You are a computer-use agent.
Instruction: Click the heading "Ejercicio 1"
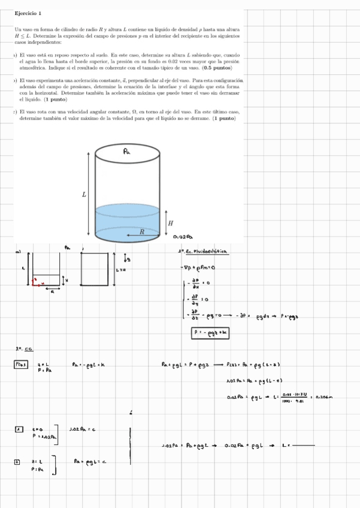click(x=28, y=13)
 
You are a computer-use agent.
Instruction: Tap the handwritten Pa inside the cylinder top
click(x=127, y=153)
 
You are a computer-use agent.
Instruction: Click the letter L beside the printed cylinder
click(x=84, y=194)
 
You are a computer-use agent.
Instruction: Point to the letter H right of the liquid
click(x=171, y=222)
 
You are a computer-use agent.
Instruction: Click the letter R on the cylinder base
click(x=142, y=231)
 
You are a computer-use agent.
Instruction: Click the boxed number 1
click(x=19, y=428)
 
